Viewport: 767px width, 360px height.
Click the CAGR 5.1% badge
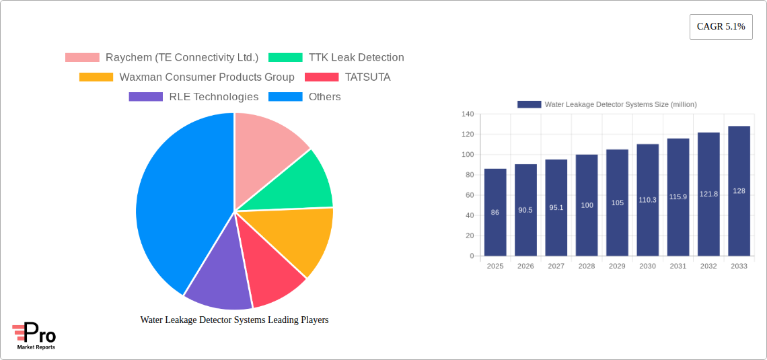point(721,27)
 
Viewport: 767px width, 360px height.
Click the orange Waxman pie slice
point(299,239)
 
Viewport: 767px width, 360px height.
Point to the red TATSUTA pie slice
point(272,276)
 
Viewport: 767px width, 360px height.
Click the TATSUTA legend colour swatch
point(322,77)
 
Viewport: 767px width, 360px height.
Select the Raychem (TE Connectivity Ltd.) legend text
point(182,58)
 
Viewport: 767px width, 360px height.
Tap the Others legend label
point(324,97)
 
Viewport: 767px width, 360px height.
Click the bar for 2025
point(495,212)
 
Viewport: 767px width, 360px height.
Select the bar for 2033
point(739,191)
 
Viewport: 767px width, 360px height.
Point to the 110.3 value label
point(647,200)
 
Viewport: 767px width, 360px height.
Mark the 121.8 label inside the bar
point(708,194)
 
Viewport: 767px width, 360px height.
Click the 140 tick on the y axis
point(468,114)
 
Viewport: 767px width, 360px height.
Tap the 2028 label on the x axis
point(587,266)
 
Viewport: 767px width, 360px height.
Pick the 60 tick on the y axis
point(470,195)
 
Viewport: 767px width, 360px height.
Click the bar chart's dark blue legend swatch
point(529,104)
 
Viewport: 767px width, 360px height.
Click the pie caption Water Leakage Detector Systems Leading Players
point(234,320)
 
